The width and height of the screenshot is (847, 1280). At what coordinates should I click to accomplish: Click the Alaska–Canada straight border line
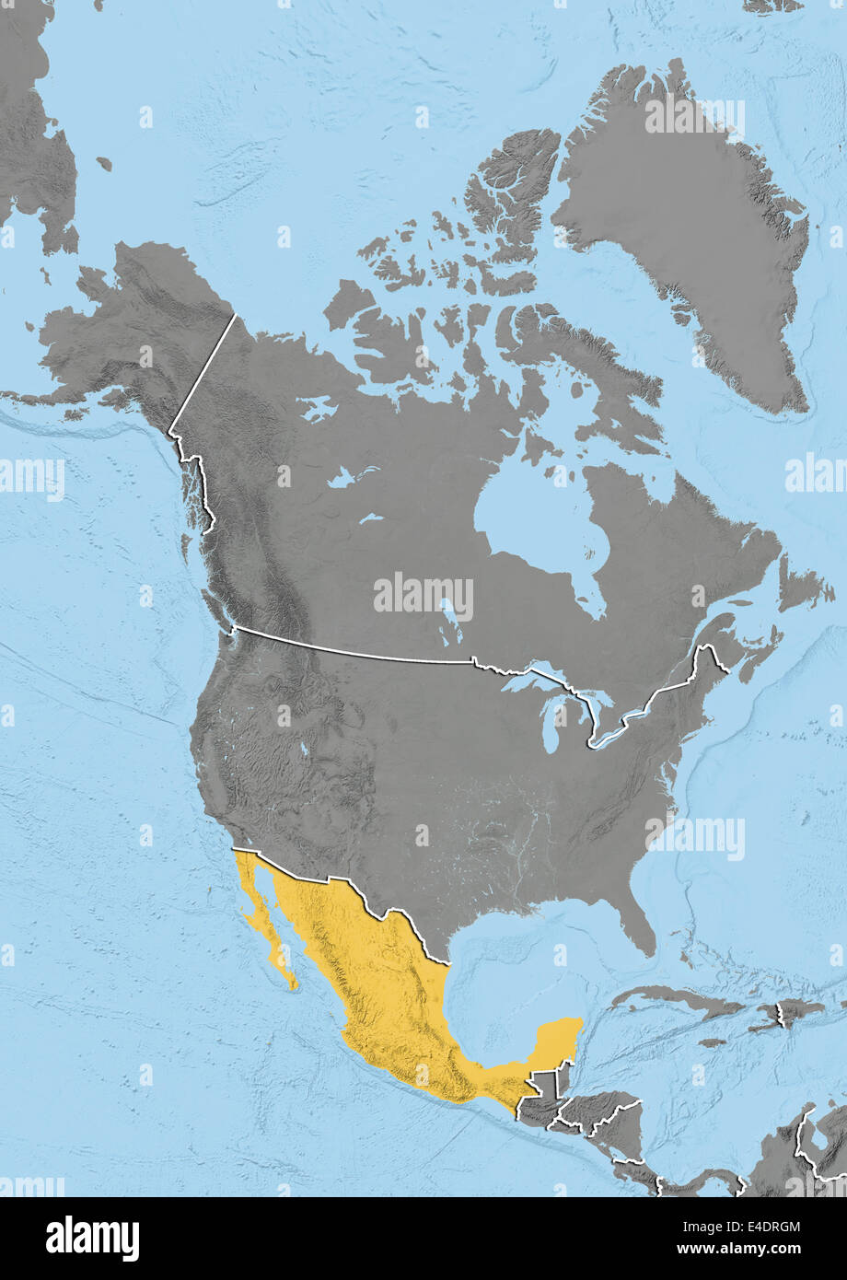(203, 373)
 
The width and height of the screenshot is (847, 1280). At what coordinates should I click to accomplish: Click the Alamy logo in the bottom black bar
(92, 1239)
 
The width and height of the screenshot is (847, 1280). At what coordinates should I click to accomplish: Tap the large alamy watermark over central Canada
(423, 597)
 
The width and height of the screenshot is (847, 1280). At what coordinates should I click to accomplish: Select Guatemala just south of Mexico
(543, 1096)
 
